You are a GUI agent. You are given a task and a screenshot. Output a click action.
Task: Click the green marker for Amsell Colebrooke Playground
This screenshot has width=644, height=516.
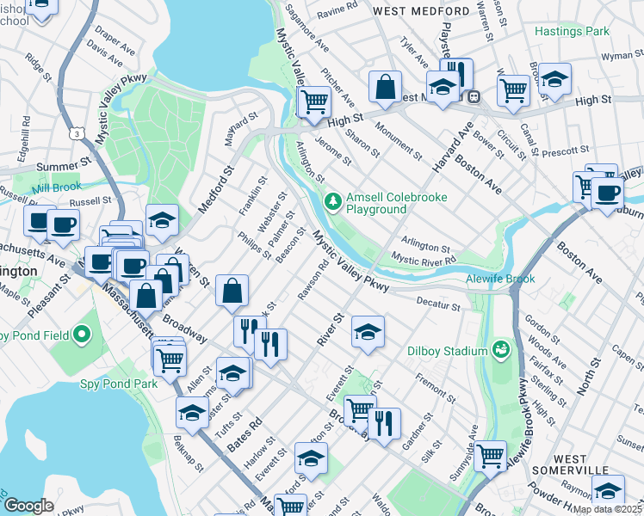[333, 201]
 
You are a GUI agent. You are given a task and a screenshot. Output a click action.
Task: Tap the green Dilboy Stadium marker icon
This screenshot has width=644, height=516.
[500, 349]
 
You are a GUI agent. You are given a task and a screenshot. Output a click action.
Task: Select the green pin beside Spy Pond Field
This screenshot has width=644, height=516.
[83, 334]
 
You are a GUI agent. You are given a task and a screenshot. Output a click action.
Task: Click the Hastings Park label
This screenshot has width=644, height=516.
[571, 31]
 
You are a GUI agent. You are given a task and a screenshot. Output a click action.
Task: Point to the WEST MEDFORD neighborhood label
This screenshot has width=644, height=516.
[421, 10]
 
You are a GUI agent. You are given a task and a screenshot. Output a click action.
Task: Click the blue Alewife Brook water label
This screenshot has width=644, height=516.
[500, 279]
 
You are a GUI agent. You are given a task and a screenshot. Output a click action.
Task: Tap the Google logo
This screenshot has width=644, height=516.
[28, 505]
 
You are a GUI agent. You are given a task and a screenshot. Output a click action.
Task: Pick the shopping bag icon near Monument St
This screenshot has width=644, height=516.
[386, 85]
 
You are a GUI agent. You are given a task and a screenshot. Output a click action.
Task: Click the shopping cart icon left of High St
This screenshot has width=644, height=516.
[315, 101]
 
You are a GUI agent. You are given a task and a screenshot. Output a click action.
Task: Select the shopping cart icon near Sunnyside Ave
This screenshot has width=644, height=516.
[490, 456]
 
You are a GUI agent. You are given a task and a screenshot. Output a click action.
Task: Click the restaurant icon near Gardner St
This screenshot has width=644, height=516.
[384, 423]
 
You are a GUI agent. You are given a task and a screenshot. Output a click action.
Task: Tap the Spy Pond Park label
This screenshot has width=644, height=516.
[119, 384]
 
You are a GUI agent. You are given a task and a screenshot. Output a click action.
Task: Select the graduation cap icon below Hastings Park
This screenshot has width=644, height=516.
[555, 79]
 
